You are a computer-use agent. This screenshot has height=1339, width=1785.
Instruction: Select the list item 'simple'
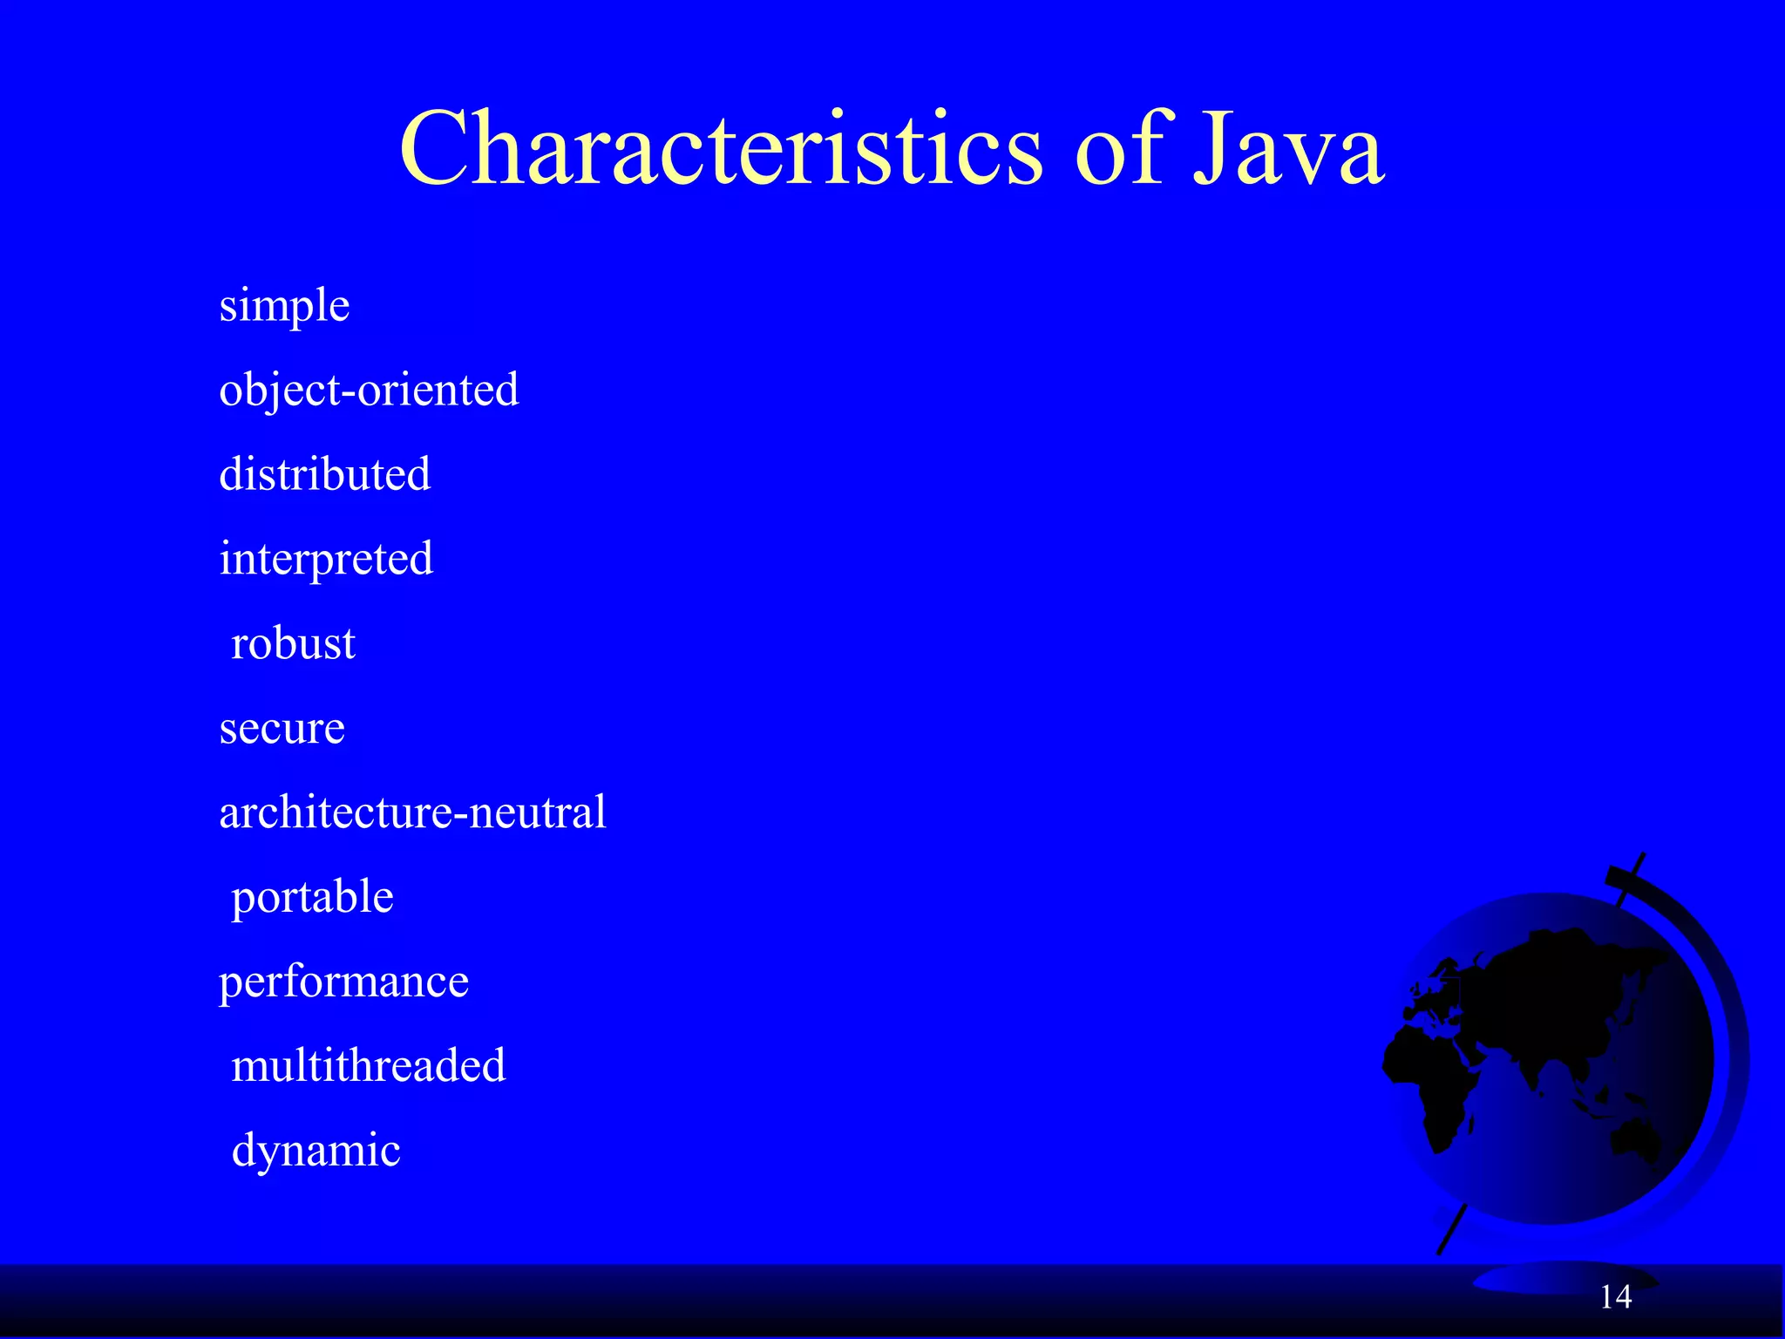[x=284, y=306]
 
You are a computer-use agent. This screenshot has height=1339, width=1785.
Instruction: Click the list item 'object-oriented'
[x=369, y=390]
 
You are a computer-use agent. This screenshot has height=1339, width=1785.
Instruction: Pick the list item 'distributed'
[x=324, y=474]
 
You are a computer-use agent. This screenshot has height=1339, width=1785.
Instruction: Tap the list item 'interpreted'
[x=326, y=559]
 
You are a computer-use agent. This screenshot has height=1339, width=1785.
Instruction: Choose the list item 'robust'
[x=293, y=643]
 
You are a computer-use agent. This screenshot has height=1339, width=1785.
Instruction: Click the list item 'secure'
[x=282, y=728]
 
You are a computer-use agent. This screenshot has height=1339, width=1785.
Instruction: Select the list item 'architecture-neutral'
[x=412, y=812]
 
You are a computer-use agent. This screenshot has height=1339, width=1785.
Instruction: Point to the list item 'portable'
[x=312, y=897]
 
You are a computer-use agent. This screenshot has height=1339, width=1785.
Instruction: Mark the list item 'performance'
[x=343, y=982]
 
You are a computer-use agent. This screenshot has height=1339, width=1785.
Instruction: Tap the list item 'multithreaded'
[x=368, y=1066]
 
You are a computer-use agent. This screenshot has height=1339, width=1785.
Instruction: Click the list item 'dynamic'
[x=316, y=1151]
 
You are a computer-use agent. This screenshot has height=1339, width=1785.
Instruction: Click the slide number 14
[x=1616, y=1297]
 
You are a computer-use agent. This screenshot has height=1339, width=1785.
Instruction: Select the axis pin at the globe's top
[x=1631, y=876]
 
